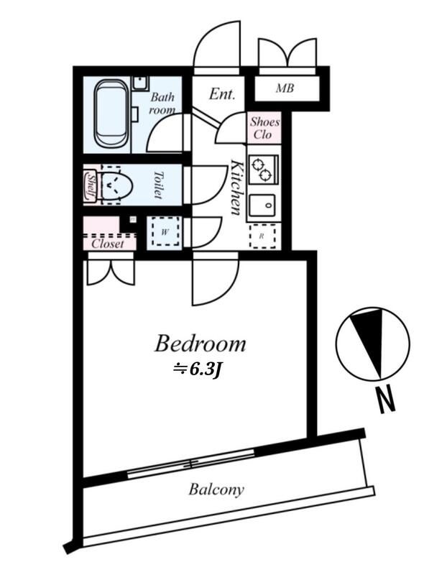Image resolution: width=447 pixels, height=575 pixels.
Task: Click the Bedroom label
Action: (x=201, y=344)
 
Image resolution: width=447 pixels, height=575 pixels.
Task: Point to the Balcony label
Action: (x=216, y=489)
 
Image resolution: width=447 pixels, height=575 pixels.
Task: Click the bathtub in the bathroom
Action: (x=111, y=114)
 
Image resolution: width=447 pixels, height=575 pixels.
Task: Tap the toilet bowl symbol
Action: (x=114, y=185)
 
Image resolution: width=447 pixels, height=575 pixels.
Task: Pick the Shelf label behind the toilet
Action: (x=91, y=185)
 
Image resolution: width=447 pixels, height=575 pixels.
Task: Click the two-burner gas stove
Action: (x=264, y=169)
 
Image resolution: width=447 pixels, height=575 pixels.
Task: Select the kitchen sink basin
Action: (x=262, y=206)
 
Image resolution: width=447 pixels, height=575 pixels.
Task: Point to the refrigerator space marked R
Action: (x=262, y=236)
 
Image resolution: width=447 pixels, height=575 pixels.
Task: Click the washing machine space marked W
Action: (x=165, y=231)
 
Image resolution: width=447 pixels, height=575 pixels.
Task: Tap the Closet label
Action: (x=108, y=244)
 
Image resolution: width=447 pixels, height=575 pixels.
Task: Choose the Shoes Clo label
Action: (x=264, y=128)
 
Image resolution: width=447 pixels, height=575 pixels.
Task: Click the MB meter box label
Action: (x=285, y=88)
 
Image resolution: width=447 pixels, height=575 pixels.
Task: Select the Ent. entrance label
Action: (x=221, y=94)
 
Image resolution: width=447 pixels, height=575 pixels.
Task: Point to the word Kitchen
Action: (x=236, y=187)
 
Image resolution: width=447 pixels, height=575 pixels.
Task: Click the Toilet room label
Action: (x=158, y=185)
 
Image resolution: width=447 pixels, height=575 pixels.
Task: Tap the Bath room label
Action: (x=162, y=103)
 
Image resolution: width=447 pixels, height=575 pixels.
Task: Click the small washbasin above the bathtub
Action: (x=140, y=83)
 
